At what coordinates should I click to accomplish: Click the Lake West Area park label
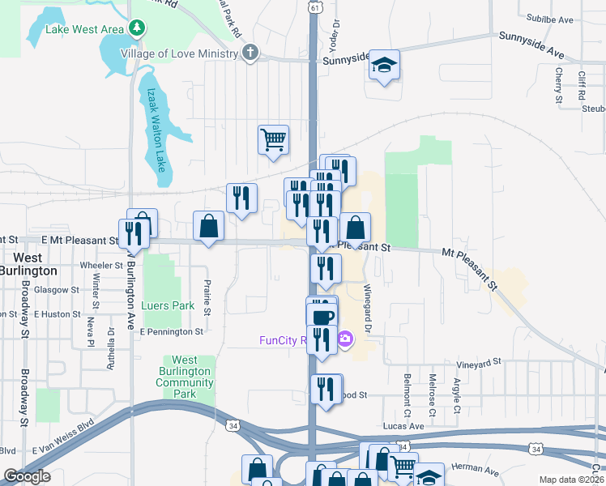click(85, 30)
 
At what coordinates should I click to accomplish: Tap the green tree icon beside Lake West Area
click(138, 28)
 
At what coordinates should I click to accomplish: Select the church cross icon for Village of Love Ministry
click(251, 53)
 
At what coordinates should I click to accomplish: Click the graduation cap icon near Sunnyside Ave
click(385, 66)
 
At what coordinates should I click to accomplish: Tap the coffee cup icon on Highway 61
click(322, 315)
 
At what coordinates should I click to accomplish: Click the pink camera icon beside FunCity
click(346, 339)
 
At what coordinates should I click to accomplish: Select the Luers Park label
click(168, 306)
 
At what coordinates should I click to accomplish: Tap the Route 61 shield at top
click(314, 6)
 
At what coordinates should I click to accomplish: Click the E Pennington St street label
click(171, 332)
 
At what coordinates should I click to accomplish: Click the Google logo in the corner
click(27, 475)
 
